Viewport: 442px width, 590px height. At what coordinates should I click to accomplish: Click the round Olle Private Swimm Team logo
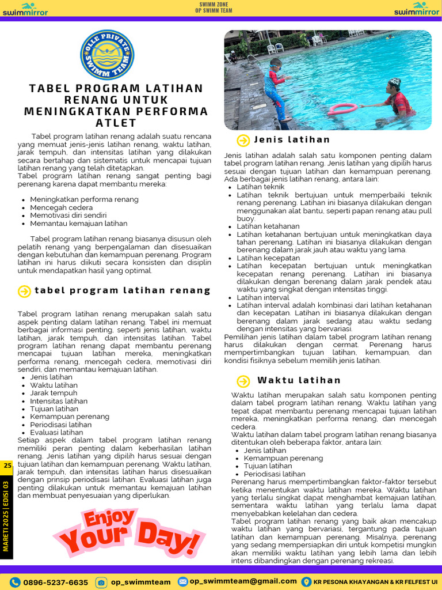pyautogui.click(x=107, y=55)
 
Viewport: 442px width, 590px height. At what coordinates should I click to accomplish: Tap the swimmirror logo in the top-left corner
pyautogui.click(x=25, y=9)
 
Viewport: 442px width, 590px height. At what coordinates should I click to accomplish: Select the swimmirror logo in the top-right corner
pyautogui.click(x=417, y=9)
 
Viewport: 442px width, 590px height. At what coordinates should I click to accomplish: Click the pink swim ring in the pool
pyautogui.click(x=343, y=108)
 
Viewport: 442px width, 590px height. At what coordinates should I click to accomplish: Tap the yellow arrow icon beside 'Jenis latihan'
pyautogui.click(x=243, y=140)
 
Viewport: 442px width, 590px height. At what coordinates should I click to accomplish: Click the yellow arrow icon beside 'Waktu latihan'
pyautogui.click(x=243, y=381)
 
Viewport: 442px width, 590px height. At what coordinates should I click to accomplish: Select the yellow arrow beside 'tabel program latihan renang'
pyautogui.click(x=24, y=291)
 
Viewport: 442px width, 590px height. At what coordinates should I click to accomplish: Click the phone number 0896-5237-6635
pyautogui.click(x=55, y=583)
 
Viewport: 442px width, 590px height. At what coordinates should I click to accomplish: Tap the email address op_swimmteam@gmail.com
pyautogui.click(x=243, y=581)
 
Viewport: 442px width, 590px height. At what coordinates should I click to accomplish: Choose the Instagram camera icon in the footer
pyautogui.click(x=101, y=583)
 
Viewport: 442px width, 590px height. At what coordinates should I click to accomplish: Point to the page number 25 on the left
pyautogui.click(x=7, y=466)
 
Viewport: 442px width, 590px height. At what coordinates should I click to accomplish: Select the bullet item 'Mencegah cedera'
pyautogui.click(x=61, y=207)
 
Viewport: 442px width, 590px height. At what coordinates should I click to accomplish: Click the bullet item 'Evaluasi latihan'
pyautogui.click(x=56, y=432)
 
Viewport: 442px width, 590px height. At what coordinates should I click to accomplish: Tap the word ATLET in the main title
pyautogui.click(x=116, y=123)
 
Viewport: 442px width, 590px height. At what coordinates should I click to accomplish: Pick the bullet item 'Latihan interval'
pyautogui.click(x=264, y=297)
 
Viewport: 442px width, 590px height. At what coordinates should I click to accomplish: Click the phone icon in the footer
pyautogui.click(x=16, y=583)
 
